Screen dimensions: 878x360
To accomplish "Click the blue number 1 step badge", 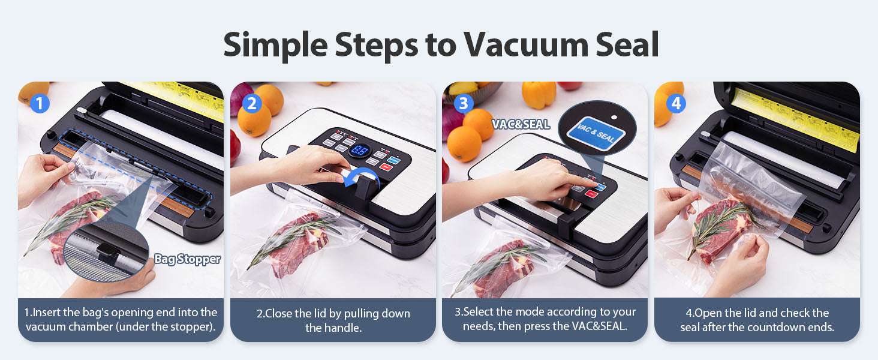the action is point(40,104).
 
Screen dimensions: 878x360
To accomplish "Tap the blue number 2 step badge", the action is point(252,104).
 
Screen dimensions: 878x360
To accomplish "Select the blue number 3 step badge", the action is point(464,104).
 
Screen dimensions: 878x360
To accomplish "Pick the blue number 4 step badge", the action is point(676,104).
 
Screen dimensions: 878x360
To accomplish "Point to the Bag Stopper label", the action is point(187,259).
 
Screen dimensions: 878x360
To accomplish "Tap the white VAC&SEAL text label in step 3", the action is point(521,124).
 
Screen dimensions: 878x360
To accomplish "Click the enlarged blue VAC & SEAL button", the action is point(596,133).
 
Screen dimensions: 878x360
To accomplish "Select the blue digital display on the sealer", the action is point(359,150).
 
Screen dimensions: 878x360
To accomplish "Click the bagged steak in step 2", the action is point(300,243).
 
